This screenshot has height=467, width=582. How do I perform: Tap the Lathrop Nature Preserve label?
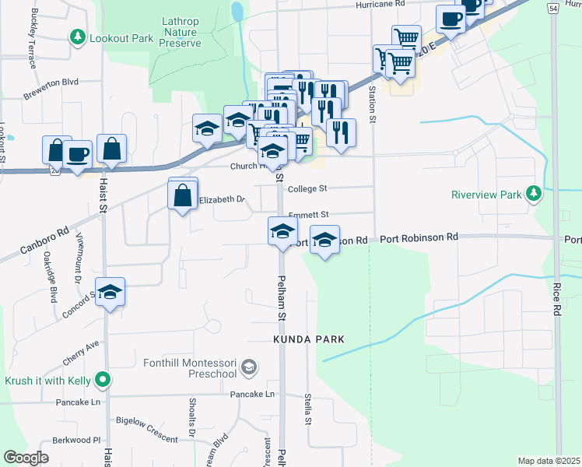click(181, 32)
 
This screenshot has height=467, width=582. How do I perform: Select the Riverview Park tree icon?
click(533, 193)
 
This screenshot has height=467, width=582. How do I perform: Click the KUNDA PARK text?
click(308, 340)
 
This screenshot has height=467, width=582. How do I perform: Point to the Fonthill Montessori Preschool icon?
click(248, 367)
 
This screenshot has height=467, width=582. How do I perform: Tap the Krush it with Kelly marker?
click(101, 381)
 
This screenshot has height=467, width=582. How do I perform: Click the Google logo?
click(26, 458)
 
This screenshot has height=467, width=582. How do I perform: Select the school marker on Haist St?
click(110, 293)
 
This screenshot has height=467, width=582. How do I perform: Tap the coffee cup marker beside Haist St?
click(78, 153)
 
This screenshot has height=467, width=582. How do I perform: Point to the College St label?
click(308, 188)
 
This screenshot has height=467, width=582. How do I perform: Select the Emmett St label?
click(309, 214)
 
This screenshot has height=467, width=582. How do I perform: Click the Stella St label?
click(308, 409)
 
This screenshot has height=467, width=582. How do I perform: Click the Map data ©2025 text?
click(549, 461)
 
